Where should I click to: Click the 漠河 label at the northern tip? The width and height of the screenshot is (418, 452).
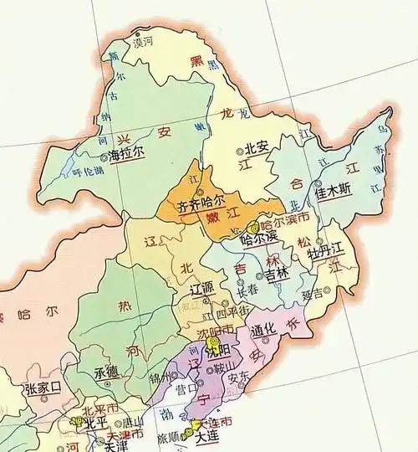click(144, 40)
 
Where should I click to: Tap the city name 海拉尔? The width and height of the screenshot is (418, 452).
click(126, 155)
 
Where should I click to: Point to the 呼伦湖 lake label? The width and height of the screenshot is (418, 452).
click(88, 171)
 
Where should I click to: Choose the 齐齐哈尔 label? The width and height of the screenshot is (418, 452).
click(201, 203)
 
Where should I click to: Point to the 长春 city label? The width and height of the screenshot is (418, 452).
click(248, 293)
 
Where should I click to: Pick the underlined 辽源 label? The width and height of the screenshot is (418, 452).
click(203, 289)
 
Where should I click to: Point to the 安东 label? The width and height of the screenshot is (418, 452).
click(238, 377)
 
